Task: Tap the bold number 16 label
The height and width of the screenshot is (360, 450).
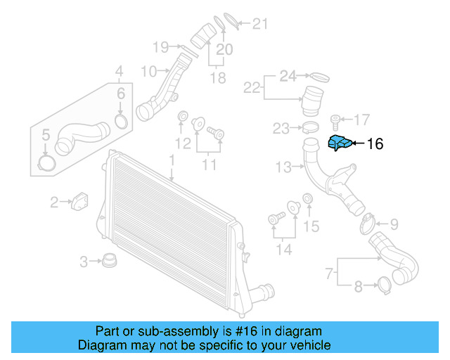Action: (x=375, y=144)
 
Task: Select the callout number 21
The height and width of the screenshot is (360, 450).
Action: (x=261, y=25)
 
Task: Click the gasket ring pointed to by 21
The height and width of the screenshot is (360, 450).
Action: (x=229, y=20)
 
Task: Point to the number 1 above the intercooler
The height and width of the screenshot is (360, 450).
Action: (x=171, y=161)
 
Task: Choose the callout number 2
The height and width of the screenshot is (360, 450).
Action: (x=54, y=203)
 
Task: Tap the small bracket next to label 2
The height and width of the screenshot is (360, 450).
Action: (x=79, y=200)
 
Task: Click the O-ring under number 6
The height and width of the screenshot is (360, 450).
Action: (x=121, y=122)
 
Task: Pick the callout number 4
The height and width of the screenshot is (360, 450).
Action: (x=119, y=70)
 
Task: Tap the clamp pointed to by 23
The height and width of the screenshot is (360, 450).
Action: (x=311, y=128)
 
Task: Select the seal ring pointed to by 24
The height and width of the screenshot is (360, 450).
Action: (x=319, y=75)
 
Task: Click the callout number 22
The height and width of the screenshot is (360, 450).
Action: (x=252, y=88)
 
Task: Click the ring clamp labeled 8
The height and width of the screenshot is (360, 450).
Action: (x=385, y=285)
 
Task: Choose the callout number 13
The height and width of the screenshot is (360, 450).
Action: (x=283, y=167)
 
